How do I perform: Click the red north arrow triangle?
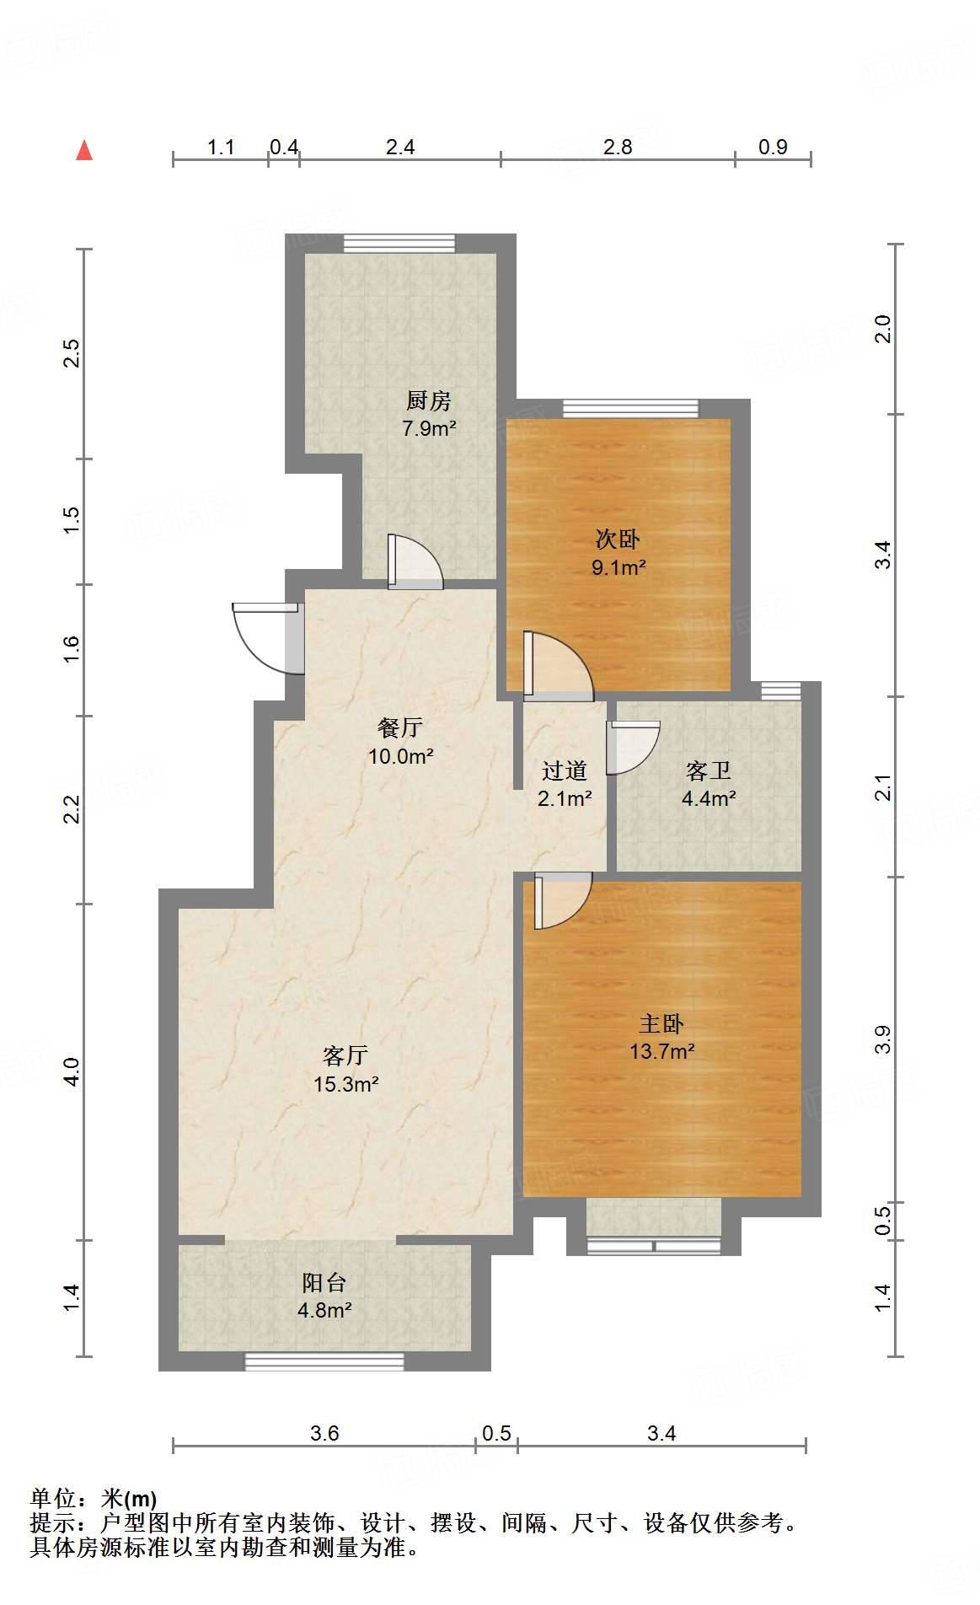click(x=84, y=151)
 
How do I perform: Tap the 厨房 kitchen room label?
click(x=429, y=413)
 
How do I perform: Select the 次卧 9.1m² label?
click(x=618, y=553)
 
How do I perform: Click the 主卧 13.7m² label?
click(x=661, y=1037)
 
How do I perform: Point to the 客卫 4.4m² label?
click(x=708, y=784)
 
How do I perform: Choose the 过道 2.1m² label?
click(x=564, y=784)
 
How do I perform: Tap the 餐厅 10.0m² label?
click(x=400, y=742)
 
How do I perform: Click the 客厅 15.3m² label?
click(x=345, y=1070)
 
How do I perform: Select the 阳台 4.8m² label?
click(x=324, y=1296)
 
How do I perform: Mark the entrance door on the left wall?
click(x=265, y=638)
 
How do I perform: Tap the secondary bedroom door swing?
click(x=556, y=667)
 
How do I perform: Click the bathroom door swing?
click(x=632, y=747)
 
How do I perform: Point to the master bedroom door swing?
click(x=561, y=899)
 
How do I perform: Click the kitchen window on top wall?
click(x=399, y=244)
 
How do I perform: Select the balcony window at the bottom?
click(x=324, y=1361)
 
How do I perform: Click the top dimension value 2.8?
click(x=617, y=148)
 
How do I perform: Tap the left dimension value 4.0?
click(x=72, y=1071)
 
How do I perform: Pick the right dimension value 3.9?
click(x=882, y=1039)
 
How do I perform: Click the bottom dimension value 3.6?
click(x=324, y=1433)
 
